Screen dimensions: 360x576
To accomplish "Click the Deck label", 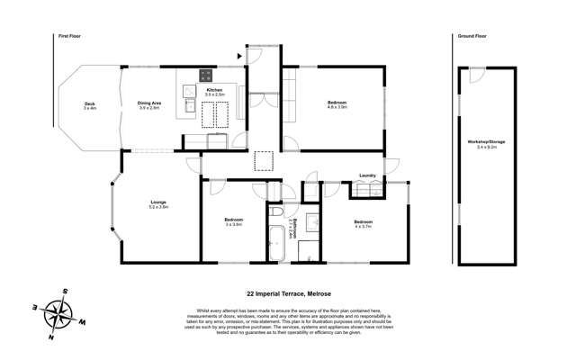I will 90,106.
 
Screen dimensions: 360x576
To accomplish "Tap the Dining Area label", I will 148,106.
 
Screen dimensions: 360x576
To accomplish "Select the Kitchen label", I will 214,91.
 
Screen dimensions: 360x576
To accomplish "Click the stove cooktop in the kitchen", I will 205,76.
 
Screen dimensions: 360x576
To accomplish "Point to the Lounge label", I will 158,205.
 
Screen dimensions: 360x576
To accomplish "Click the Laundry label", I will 366,175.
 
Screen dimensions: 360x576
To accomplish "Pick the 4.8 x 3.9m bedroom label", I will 337,106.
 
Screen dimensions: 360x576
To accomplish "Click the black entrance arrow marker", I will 238,56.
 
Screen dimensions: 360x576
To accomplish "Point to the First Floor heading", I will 69,36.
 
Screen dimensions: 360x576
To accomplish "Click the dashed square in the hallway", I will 264,162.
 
